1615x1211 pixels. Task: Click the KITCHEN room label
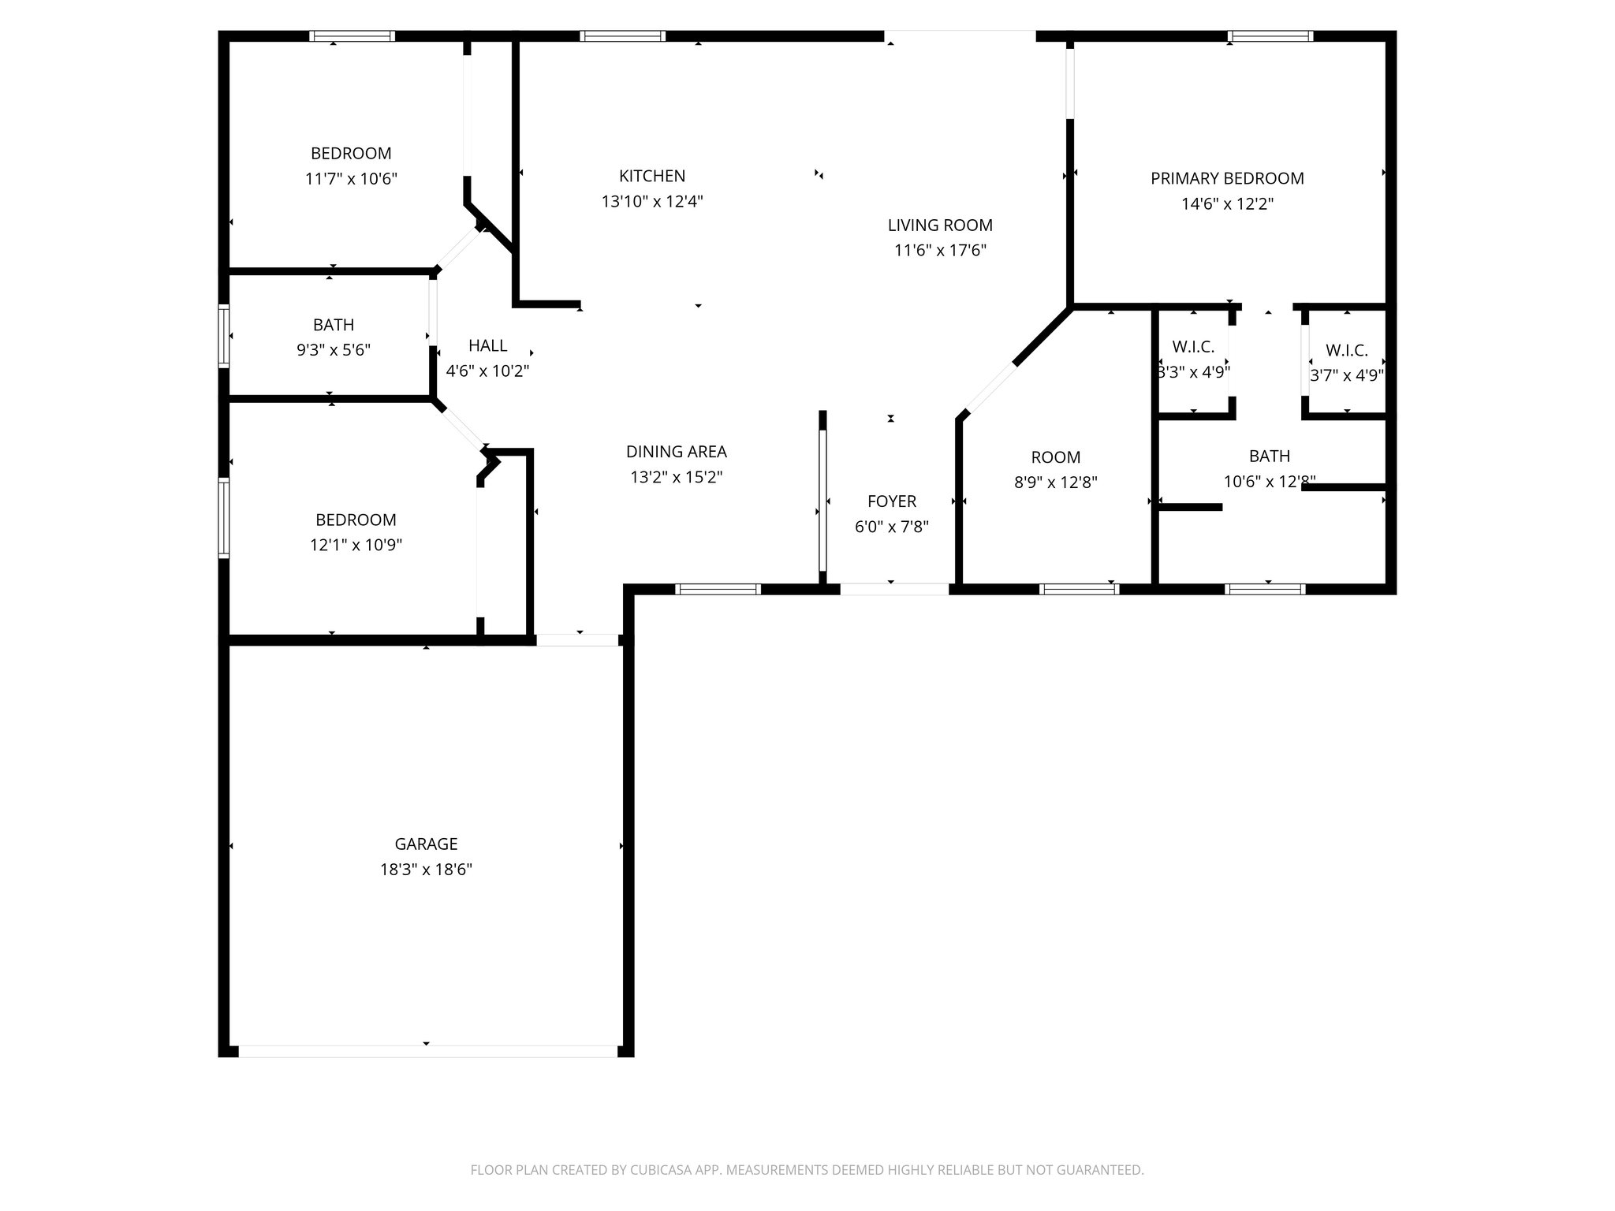(651, 176)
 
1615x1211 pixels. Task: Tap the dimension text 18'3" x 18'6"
(426, 870)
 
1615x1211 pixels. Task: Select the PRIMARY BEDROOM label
(1227, 178)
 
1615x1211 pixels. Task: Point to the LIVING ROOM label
(940, 225)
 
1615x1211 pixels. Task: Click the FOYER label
(892, 501)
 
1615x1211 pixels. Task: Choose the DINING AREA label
(676, 452)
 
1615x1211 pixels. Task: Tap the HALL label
(487, 345)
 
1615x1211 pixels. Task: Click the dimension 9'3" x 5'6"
(334, 350)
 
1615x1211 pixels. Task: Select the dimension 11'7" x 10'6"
(351, 179)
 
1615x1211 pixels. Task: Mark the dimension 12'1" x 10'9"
(356, 545)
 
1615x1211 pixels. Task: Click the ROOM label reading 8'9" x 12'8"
(1055, 457)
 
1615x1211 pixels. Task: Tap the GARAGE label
(426, 844)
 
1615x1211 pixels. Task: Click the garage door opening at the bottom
(427, 1051)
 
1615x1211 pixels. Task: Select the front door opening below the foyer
(893, 588)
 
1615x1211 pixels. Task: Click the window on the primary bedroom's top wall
(1270, 35)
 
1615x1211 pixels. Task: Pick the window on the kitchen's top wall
(622, 35)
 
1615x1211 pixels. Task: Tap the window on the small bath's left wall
(224, 336)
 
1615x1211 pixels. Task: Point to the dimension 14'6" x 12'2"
(1227, 204)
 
